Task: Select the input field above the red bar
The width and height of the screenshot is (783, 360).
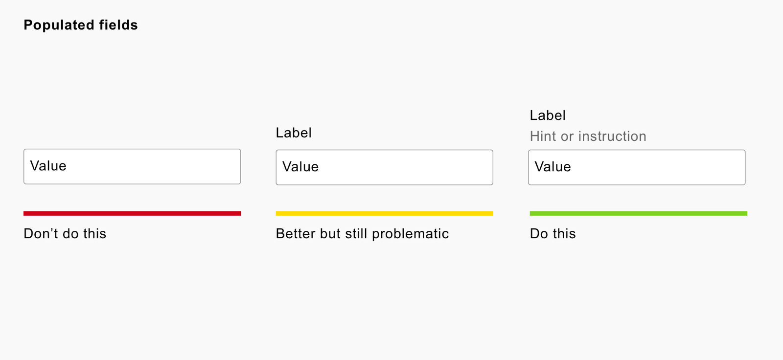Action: click(x=132, y=166)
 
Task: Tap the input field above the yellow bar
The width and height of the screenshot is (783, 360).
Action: click(x=385, y=167)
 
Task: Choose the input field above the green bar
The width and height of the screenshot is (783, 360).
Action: click(x=637, y=167)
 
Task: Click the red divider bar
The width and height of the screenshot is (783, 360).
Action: click(x=132, y=214)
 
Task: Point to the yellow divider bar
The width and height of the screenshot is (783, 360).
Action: click(x=385, y=214)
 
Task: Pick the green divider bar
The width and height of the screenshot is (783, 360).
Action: click(x=639, y=214)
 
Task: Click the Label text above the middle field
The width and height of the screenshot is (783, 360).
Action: click(x=294, y=133)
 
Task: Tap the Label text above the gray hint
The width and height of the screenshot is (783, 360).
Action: click(x=548, y=115)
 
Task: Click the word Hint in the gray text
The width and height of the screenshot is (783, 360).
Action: click(x=543, y=136)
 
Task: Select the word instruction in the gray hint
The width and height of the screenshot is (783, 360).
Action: click(x=612, y=136)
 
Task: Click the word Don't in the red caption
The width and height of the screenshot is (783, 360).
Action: click(x=41, y=233)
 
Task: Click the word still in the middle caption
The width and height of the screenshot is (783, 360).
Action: click(x=356, y=233)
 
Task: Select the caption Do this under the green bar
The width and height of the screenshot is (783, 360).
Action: click(x=553, y=233)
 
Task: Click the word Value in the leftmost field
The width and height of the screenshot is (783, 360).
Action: click(x=48, y=166)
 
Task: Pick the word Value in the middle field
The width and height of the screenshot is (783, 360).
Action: click(x=300, y=167)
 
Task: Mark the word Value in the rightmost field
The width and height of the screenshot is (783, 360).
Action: click(x=553, y=167)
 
